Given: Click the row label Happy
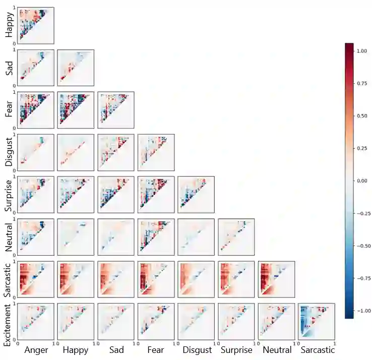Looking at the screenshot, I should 9,26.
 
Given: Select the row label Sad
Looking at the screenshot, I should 9,67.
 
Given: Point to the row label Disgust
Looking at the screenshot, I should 9,152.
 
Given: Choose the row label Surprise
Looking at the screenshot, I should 9,194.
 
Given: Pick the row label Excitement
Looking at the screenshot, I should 9,323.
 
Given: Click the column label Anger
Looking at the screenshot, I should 36,349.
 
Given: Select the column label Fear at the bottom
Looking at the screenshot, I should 156,349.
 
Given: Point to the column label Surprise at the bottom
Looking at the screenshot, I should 236,349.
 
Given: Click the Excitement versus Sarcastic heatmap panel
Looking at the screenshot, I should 317,321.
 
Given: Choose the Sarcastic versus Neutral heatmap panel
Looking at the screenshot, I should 276,278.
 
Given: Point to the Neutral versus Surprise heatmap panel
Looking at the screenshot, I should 236,236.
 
